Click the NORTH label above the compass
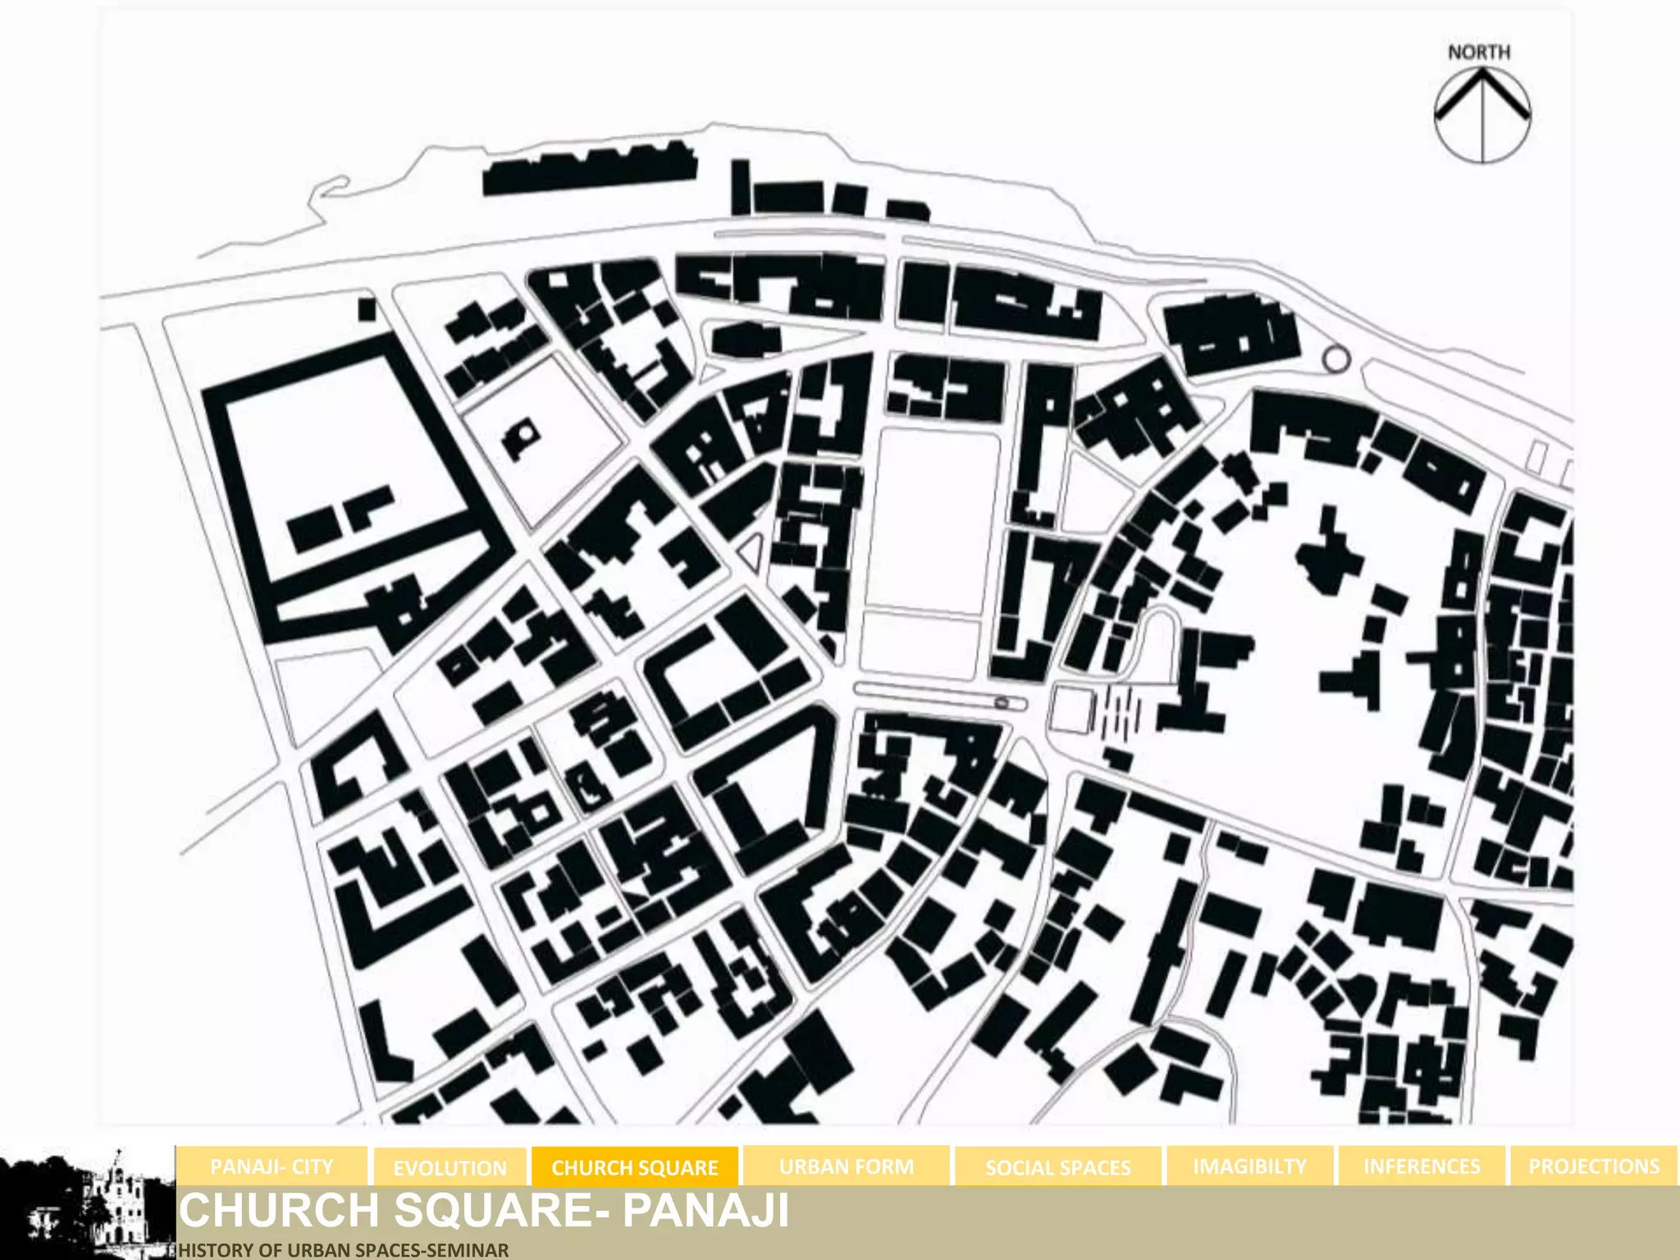pyautogui.click(x=1478, y=52)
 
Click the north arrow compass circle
pyautogui.click(x=1482, y=115)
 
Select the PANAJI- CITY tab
pyautogui.click(x=272, y=1166)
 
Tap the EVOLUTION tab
pyautogui.click(x=450, y=1168)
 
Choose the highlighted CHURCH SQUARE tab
pyautogui.click(x=635, y=1167)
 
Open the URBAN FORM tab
pyautogui.click(x=846, y=1166)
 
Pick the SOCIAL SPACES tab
pyautogui.click(x=1057, y=1167)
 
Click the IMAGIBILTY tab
pyautogui.click(x=1249, y=1166)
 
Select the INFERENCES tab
pyautogui.click(x=1422, y=1166)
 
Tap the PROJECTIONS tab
pyautogui.click(x=1593, y=1166)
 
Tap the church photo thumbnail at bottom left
pyautogui.click(x=87, y=1203)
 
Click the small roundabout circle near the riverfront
pyautogui.click(x=1335, y=358)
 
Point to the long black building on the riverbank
pyautogui.click(x=589, y=171)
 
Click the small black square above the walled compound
pyautogui.click(x=367, y=309)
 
